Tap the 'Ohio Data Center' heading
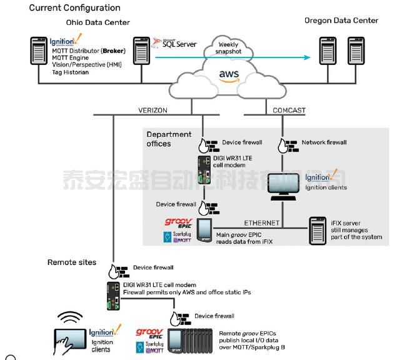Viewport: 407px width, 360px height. point(103,22)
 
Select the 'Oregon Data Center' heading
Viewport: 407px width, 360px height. point(341,21)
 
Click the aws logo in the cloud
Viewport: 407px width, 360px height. point(229,75)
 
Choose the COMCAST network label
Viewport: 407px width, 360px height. point(289,110)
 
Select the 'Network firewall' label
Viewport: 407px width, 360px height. point(324,142)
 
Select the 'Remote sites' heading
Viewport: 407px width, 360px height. point(71,262)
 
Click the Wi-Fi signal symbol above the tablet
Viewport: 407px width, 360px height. point(71,317)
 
